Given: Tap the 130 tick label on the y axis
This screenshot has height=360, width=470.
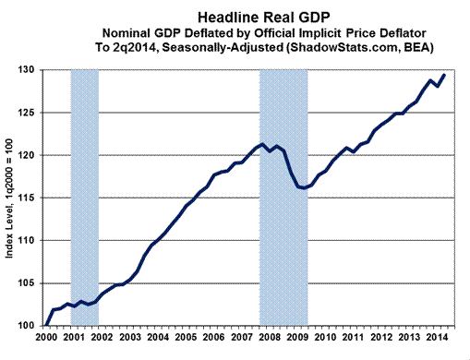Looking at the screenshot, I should pyautogui.click(x=27, y=70).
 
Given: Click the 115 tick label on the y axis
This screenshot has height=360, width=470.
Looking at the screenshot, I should pyautogui.click(x=27, y=198).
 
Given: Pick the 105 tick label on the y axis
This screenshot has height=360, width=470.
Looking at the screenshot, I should pyautogui.click(x=27, y=283).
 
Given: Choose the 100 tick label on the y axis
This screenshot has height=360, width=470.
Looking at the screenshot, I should pyautogui.click(x=27, y=326).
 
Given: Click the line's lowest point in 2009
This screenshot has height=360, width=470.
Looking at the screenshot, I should pyautogui.click(x=304, y=188).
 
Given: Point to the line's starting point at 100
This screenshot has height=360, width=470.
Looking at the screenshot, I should pyautogui.click(x=44, y=326).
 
